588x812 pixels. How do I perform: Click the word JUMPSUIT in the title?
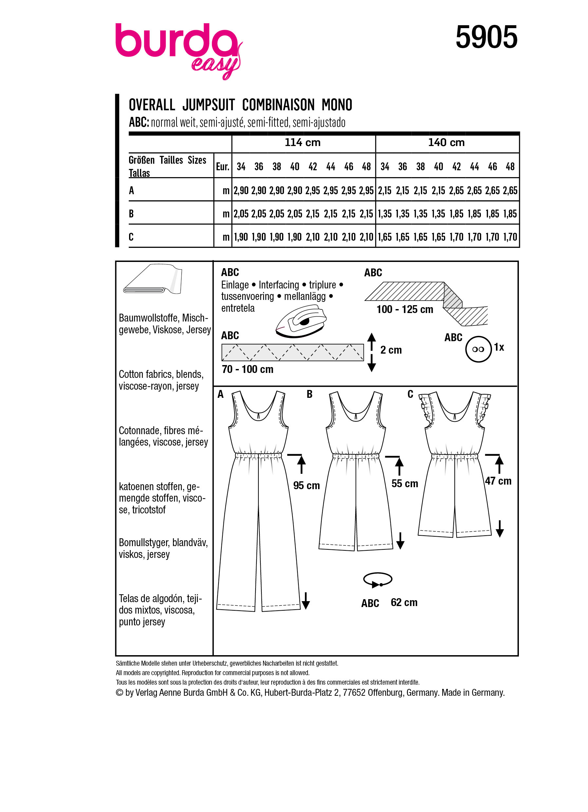[208, 105]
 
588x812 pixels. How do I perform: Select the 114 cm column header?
[302, 142]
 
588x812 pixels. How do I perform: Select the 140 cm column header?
[446, 142]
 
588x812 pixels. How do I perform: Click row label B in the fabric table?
[131, 214]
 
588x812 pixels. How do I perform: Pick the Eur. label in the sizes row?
[222, 166]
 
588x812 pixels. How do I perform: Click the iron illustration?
[301, 321]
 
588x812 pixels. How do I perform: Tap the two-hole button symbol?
[478, 349]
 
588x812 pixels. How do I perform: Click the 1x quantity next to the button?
[499, 347]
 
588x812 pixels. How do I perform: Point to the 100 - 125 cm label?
[405, 309]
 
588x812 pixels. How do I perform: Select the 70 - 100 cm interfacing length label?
[247, 369]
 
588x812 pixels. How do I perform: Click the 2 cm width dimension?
[391, 350]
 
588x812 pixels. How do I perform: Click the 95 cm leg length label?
[306, 486]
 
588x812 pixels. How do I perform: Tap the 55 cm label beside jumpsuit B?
[405, 484]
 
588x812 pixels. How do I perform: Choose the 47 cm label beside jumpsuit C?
[498, 481]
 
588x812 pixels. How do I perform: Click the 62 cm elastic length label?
[404, 602]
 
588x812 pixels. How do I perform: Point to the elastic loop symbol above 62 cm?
[378, 580]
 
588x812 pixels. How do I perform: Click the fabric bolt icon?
[153, 280]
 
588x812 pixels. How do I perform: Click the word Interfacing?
[278, 285]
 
